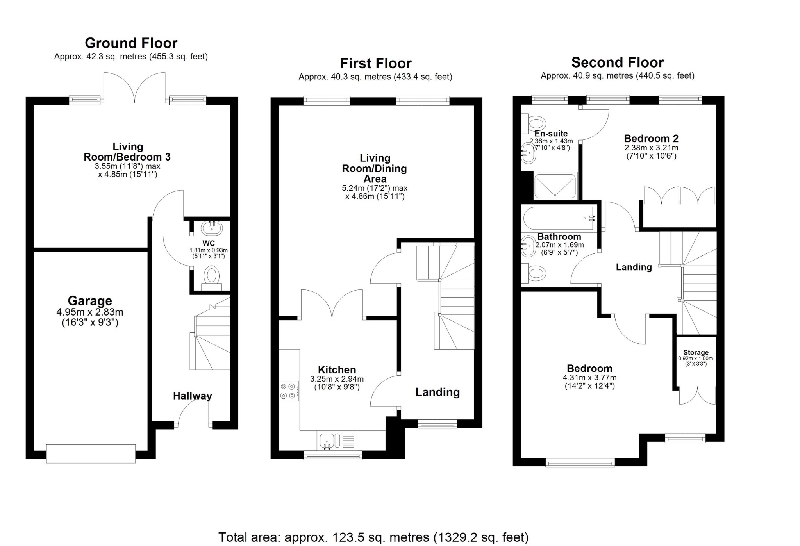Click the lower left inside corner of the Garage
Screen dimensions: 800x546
(34, 450)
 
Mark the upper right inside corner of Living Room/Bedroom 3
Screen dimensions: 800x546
(230, 105)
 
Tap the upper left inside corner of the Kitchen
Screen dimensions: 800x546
(279, 320)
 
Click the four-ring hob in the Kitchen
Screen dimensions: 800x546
(289, 391)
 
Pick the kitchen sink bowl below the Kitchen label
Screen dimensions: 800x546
(326, 441)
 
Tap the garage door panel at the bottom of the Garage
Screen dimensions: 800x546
(91, 453)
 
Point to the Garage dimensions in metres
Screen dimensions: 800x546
(90, 312)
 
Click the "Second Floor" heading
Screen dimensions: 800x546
(618, 62)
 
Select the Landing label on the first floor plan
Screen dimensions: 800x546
(437, 392)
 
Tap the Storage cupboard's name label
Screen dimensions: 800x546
(696, 352)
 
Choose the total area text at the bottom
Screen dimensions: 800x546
(373, 537)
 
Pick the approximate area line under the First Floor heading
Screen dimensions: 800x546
(375, 77)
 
